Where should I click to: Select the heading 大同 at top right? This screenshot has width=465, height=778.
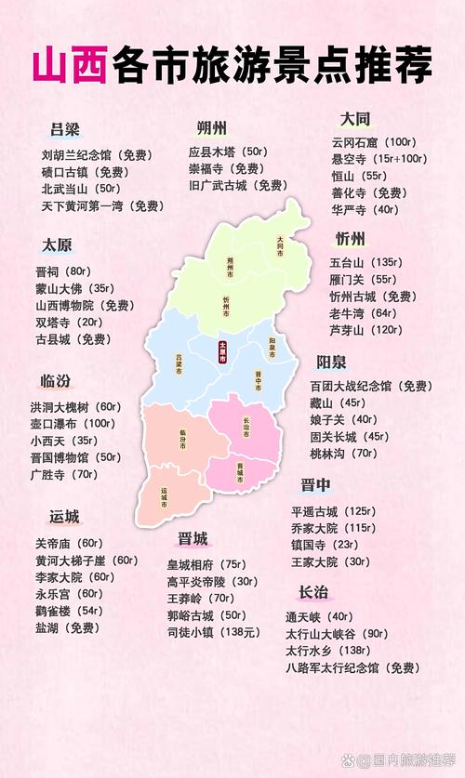pyautogui.click(x=354, y=119)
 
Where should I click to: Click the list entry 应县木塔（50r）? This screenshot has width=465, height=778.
pyautogui.click(x=228, y=152)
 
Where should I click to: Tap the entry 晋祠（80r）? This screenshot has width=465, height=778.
pyautogui.click(x=61, y=271)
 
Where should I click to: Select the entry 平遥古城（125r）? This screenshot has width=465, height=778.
pyautogui.click(x=333, y=511)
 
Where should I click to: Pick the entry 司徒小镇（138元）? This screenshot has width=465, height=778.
pyautogui.click(x=212, y=632)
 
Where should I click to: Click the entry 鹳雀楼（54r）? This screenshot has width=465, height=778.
pyautogui.click(x=68, y=611)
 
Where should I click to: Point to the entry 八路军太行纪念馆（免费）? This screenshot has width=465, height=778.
pyautogui.click(x=352, y=667)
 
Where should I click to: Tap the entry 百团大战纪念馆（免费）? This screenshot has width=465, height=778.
pyautogui.click(x=369, y=386)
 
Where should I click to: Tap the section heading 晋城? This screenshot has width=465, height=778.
pyautogui.click(x=193, y=539)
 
